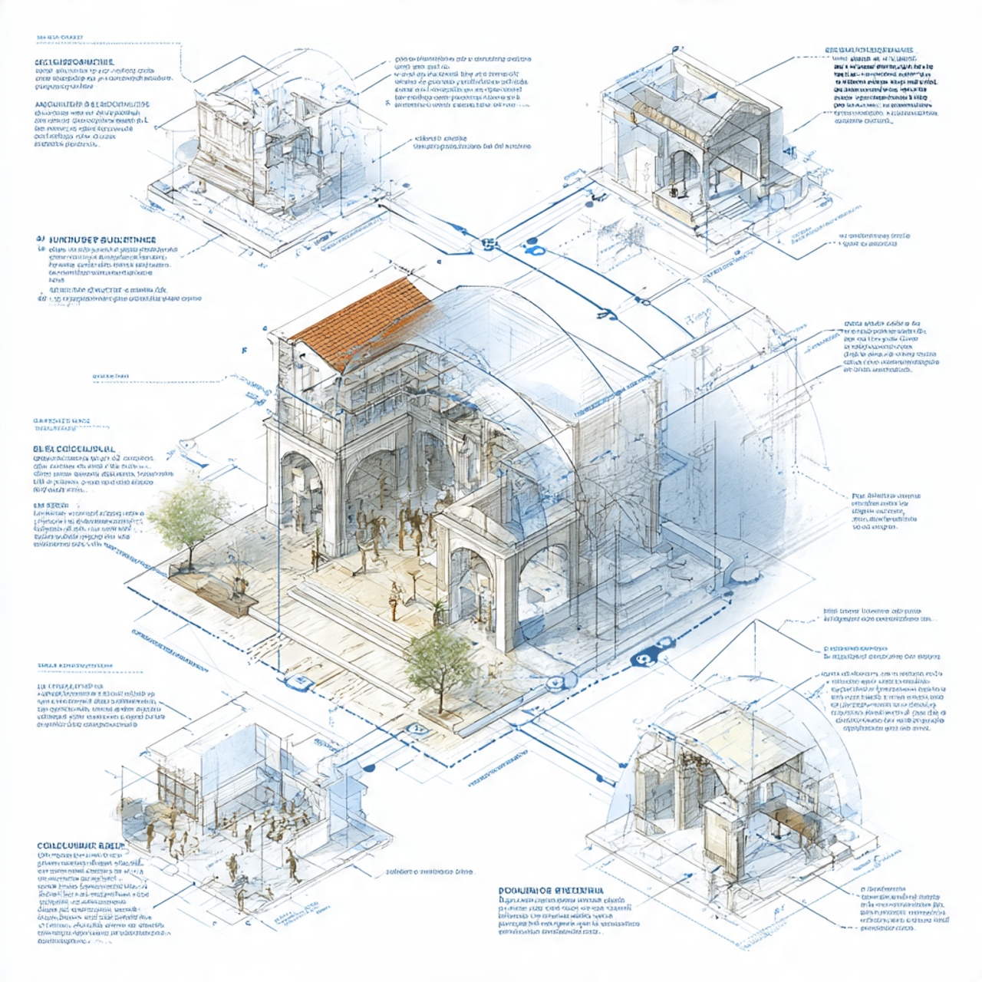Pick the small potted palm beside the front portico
tap(438, 610)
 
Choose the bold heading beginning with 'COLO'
tap(80, 845)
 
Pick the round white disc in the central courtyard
tap(743, 574)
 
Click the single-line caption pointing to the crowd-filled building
tap(429, 872)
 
